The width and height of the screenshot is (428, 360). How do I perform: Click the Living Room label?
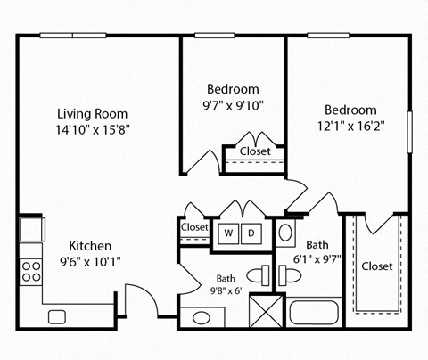(x=92, y=114)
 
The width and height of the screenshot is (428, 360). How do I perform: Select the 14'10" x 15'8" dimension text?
(x=92, y=130)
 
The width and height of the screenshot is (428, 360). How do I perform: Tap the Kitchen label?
(x=90, y=246)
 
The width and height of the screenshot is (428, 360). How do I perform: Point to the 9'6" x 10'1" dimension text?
(x=90, y=262)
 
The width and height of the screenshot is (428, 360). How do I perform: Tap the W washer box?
(x=228, y=233)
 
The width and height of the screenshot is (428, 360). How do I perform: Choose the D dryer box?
(x=251, y=233)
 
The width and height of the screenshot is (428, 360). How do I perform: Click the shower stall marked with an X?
(x=267, y=312)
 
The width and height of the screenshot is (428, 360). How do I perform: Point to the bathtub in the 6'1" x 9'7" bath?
(x=314, y=314)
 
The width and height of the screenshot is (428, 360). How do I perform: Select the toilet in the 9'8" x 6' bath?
(x=258, y=274)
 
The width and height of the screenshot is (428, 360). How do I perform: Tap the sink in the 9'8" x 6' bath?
(x=202, y=317)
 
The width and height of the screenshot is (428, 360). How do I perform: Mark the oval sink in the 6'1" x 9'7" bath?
(x=284, y=234)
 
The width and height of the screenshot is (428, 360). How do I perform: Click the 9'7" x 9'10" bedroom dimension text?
(x=234, y=105)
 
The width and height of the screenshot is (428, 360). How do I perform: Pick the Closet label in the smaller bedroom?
(x=256, y=151)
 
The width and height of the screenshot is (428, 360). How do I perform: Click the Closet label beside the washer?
(x=194, y=227)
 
